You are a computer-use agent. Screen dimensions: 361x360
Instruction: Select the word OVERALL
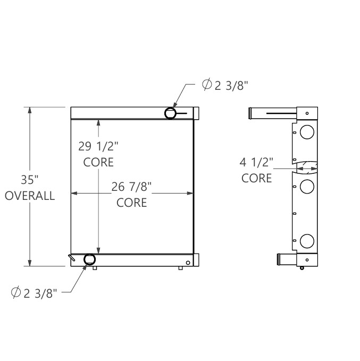point(30,196)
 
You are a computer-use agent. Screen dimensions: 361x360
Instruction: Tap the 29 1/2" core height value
point(98,145)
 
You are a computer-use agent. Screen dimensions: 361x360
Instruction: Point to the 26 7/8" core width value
point(132,186)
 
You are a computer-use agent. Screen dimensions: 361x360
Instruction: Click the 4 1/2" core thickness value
point(257,162)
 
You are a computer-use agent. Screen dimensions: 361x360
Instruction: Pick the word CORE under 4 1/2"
point(257,178)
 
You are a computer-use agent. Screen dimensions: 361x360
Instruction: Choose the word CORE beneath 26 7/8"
point(132,203)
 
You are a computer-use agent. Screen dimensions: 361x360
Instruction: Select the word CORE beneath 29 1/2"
point(98,162)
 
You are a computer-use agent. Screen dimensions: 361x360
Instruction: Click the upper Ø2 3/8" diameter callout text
point(225,85)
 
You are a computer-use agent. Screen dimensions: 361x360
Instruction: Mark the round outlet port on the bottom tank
point(89,259)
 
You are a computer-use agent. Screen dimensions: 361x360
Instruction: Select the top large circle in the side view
point(307,131)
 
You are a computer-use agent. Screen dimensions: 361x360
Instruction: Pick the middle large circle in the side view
point(307,186)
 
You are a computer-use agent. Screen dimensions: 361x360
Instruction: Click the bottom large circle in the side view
point(307,241)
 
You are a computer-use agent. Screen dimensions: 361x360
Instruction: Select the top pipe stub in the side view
point(272,113)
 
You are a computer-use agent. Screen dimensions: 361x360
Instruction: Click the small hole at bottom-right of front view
point(188,262)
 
